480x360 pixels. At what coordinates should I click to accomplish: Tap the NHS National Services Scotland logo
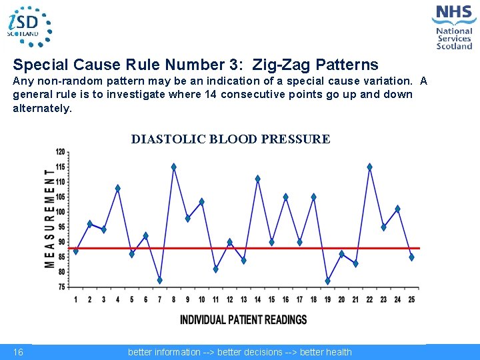(x=454, y=27)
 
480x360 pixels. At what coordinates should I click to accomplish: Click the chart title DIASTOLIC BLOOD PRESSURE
(x=230, y=139)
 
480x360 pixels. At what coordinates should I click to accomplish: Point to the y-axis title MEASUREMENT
(x=50, y=219)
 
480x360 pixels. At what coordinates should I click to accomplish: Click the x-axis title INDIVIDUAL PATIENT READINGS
(x=243, y=320)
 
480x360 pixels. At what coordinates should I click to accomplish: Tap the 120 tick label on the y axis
(x=61, y=152)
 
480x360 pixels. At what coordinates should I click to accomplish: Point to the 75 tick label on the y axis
(x=61, y=287)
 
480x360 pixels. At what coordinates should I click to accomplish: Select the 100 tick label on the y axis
(x=61, y=212)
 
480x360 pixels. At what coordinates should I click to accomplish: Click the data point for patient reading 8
(x=174, y=167)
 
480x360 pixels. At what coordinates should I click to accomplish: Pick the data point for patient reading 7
(x=160, y=280)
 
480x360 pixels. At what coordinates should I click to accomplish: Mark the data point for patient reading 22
(x=369, y=167)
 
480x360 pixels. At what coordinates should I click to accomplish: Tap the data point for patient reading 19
(x=327, y=281)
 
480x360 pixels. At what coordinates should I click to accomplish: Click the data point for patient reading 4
(x=118, y=188)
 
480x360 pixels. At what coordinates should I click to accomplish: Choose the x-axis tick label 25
(x=411, y=300)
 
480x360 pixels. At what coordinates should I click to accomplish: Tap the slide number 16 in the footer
(x=18, y=352)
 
